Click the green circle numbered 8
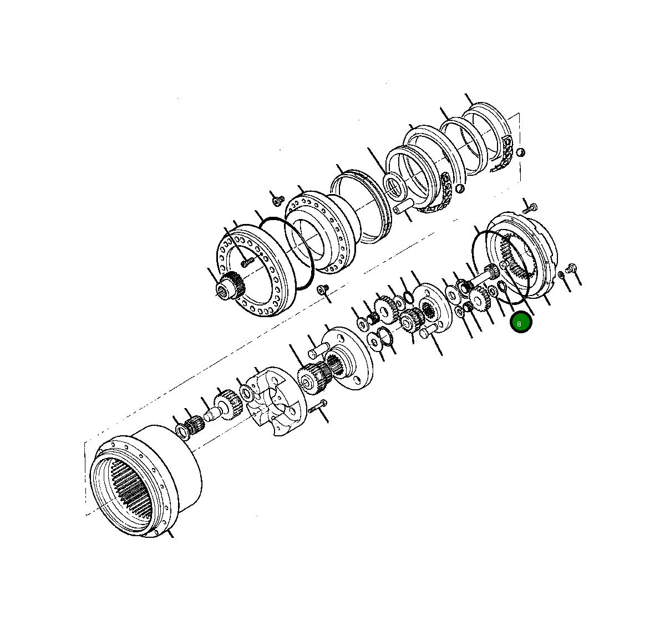[521, 323]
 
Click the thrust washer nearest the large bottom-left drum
[182, 430]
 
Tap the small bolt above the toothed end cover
[530, 208]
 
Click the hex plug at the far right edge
[572, 269]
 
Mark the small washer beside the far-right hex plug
[561, 275]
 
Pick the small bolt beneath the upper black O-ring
[322, 290]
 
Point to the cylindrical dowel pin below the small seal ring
[404, 211]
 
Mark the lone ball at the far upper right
[520, 152]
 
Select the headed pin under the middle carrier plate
[429, 333]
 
